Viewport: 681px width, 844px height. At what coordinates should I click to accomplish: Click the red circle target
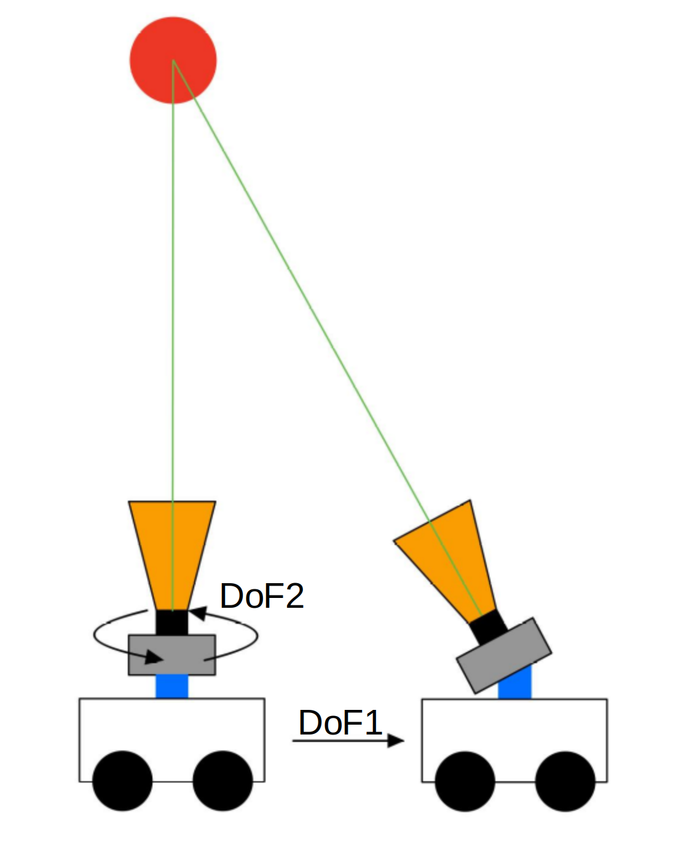pos(173,60)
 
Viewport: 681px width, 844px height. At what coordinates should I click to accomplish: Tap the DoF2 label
pos(262,595)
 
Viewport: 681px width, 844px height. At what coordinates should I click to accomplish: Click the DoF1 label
pos(340,722)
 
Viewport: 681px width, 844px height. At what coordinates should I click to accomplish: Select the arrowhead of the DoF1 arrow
pos(396,741)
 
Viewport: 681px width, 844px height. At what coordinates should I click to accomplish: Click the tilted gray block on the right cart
pos(504,656)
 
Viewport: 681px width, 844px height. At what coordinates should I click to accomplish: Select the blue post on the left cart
pos(171,686)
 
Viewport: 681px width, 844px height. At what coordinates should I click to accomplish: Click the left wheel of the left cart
pos(122,781)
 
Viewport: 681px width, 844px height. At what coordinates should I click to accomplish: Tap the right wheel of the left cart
pos(222,781)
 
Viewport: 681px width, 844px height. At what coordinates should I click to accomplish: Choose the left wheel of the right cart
pos(465,781)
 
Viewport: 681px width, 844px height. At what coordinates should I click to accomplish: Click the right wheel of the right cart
pos(565,781)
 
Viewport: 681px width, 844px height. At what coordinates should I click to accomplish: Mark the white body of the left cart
pos(171,726)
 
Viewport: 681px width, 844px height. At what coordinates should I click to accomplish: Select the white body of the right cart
pos(514,726)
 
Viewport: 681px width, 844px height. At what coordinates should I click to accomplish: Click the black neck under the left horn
pos(171,623)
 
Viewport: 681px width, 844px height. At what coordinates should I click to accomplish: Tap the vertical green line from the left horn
pos(173,308)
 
